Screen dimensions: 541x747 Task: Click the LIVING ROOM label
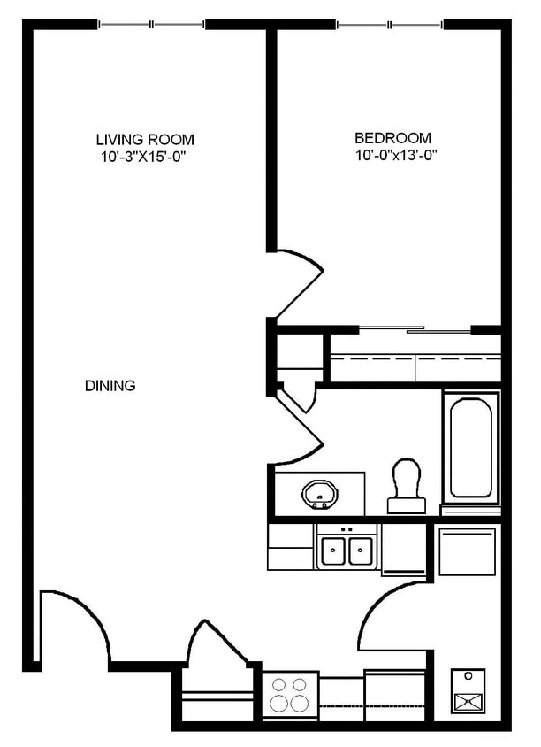[145, 140]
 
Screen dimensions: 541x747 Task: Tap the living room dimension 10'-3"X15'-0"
[142, 157]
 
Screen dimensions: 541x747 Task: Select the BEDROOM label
[393, 138]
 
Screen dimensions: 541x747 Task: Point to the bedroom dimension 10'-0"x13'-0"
[396, 155]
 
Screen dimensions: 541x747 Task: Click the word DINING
[110, 385]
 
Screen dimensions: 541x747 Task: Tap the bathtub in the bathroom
[470, 448]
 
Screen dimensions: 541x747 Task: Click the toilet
[406, 485]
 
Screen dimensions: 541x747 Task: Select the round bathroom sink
[319, 494]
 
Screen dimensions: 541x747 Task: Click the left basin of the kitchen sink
[332, 551]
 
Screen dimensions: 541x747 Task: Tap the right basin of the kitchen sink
[360, 551]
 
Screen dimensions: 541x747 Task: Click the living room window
[151, 24]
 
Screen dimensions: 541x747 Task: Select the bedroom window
[390, 24]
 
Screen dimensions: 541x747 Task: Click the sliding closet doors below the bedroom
[415, 329]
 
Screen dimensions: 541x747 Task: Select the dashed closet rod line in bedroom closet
[415, 357]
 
